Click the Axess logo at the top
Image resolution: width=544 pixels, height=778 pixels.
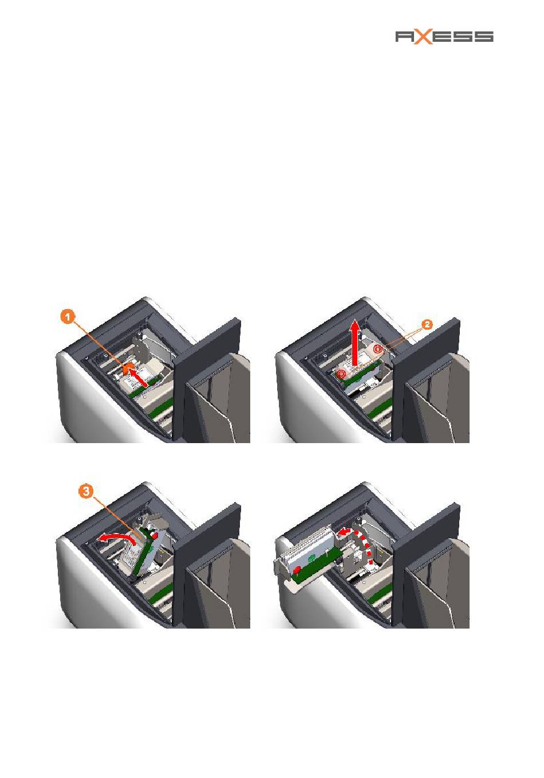pos(444,37)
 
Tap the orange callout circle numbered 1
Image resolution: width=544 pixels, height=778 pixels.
pos(68,317)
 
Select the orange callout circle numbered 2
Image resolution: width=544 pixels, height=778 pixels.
pos(427,325)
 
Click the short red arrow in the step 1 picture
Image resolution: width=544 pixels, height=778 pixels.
pos(138,377)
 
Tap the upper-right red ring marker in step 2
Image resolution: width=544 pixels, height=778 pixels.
pos(378,349)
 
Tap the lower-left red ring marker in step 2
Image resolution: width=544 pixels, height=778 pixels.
pos(341,374)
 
